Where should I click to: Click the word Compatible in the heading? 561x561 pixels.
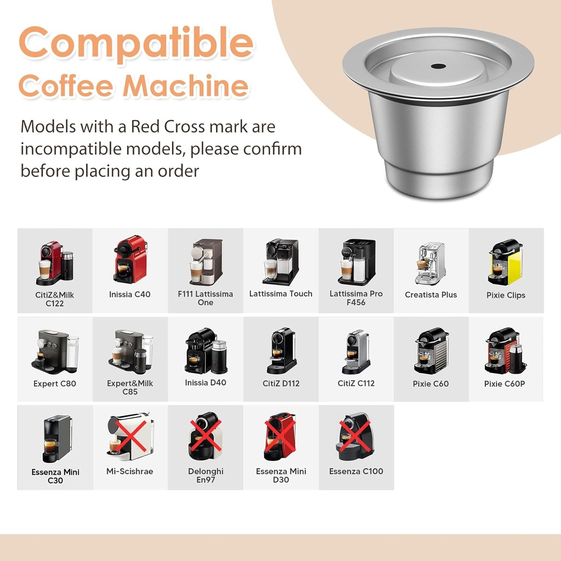pos(136,44)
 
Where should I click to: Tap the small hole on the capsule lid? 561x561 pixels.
pos(438,66)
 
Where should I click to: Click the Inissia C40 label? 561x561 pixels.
pos(130,294)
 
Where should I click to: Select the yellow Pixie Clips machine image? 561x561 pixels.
pos(505,262)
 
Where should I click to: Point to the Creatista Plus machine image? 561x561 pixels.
pos(430,263)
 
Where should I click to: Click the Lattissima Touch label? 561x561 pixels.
pos(280,294)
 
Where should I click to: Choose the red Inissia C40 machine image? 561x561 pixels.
pos(130,260)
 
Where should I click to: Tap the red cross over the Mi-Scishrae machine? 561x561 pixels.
pos(130,438)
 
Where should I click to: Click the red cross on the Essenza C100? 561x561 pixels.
pos(356,437)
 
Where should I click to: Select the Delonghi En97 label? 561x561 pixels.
pos(205,475)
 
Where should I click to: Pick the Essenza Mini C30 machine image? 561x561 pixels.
pos(56,438)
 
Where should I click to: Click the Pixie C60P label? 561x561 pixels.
pos(505,383)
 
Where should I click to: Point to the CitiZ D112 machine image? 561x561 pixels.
pos(282,351)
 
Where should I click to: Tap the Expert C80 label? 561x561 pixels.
pos(55,383)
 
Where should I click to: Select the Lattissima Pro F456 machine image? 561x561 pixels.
pos(356,262)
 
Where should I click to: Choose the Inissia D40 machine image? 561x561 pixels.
pos(205,351)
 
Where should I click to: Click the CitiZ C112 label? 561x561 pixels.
pos(356,383)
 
